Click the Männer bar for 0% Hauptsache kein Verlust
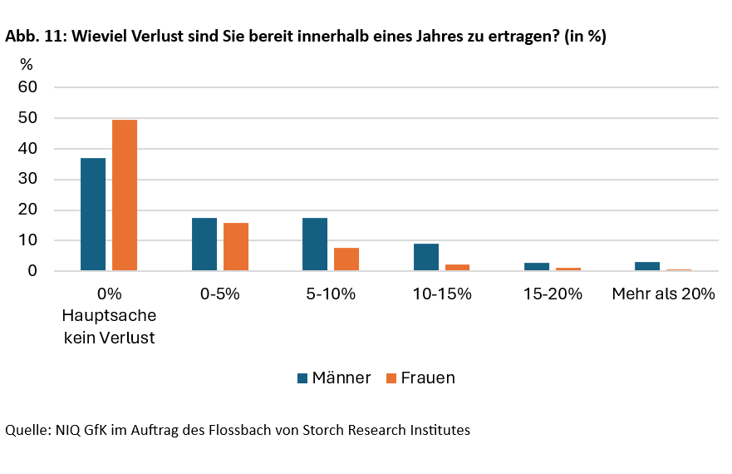[93, 215]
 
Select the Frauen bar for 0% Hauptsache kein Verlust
[125, 195]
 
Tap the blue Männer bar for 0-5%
[204, 244]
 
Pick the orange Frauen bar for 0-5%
[236, 247]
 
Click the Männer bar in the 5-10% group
[315, 244]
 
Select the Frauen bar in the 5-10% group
[346, 259]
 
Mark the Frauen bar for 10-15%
[457, 268]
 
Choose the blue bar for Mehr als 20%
[647, 266]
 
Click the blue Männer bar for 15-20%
[537, 267]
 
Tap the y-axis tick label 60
[28, 87]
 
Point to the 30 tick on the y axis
[28, 180]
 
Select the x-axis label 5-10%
[331, 294]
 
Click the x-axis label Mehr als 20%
[663, 294]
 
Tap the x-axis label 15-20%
[553, 294]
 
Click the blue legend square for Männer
[302, 378]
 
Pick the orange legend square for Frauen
[391, 378]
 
